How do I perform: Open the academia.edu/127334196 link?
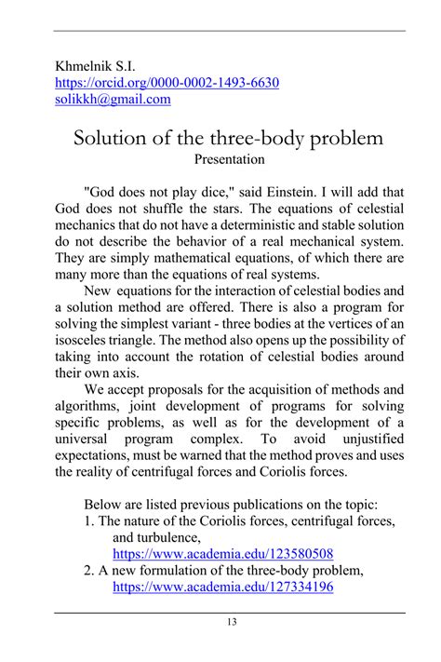point(222,588)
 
